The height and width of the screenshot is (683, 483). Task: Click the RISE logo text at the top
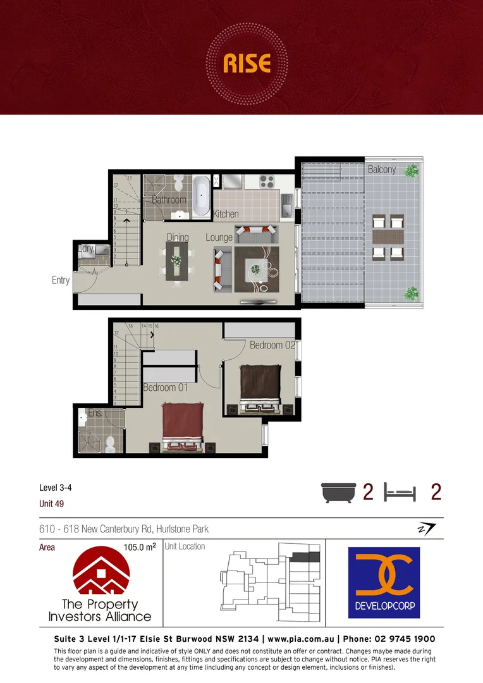tap(247, 63)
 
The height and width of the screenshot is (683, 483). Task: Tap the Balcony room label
tap(382, 169)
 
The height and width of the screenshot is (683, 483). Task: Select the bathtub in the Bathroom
tap(202, 195)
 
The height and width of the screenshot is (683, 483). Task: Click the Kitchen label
tap(226, 214)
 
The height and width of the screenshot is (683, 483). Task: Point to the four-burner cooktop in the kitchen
tap(267, 182)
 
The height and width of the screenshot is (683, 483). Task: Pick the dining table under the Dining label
tap(176, 264)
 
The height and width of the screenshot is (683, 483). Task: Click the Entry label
tap(61, 280)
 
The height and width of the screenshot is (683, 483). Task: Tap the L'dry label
tap(86, 249)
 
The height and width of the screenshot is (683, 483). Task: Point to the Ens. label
tap(94, 413)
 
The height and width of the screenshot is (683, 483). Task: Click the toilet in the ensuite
tap(110, 444)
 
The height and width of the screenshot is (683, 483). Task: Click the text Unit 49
tap(52, 504)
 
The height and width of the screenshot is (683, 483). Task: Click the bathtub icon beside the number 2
tap(339, 492)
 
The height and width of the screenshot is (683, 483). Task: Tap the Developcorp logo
tap(384, 582)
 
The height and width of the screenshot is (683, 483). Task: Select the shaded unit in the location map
tap(306, 557)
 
